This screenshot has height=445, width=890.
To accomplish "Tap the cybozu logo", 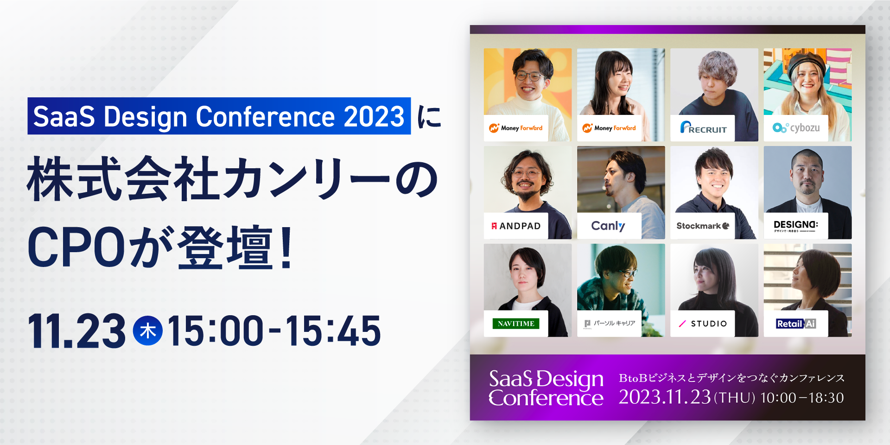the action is (x=796, y=127).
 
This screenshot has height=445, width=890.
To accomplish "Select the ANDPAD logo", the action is (x=516, y=226).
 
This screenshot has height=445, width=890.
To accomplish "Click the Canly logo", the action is (x=608, y=226).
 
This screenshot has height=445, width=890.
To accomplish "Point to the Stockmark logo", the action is (x=703, y=226).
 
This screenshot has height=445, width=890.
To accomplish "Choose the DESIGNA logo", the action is (x=795, y=226).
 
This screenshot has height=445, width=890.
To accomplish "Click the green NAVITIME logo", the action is (x=516, y=324).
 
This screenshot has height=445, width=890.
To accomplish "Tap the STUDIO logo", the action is (x=703, y=324).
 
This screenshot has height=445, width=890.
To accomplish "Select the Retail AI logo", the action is (x=796, y=324).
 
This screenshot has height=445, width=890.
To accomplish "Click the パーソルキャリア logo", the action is (x=610, y=323).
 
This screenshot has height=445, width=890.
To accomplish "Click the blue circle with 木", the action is (x=148, y=331).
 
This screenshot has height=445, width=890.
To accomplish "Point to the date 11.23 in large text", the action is (x=77, y=331).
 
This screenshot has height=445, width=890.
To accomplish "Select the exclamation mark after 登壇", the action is (x=286, y=247).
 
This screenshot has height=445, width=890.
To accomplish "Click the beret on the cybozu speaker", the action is (x=807, y=61).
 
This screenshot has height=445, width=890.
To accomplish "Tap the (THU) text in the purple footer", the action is (x=735, y=398).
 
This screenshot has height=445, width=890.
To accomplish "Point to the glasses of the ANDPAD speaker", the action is (x=526, y=174).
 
